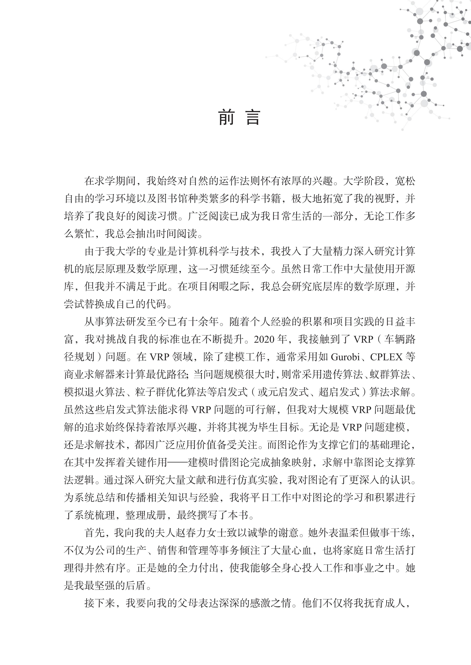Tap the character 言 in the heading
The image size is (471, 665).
253,117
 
